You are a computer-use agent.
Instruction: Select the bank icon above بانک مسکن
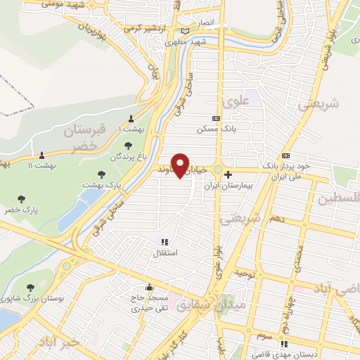click(216, 119)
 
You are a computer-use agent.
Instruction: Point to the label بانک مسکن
click(217, 129)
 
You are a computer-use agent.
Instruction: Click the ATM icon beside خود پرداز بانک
click(285, 155)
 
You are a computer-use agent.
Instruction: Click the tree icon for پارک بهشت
click(102, 173)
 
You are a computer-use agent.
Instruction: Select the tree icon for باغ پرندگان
click(128, 145)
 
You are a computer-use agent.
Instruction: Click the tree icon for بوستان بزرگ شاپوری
click(30, 287)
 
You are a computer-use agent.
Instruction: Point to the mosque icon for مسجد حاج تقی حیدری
click(149, 288)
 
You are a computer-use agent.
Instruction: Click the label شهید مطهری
click(182, 42)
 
